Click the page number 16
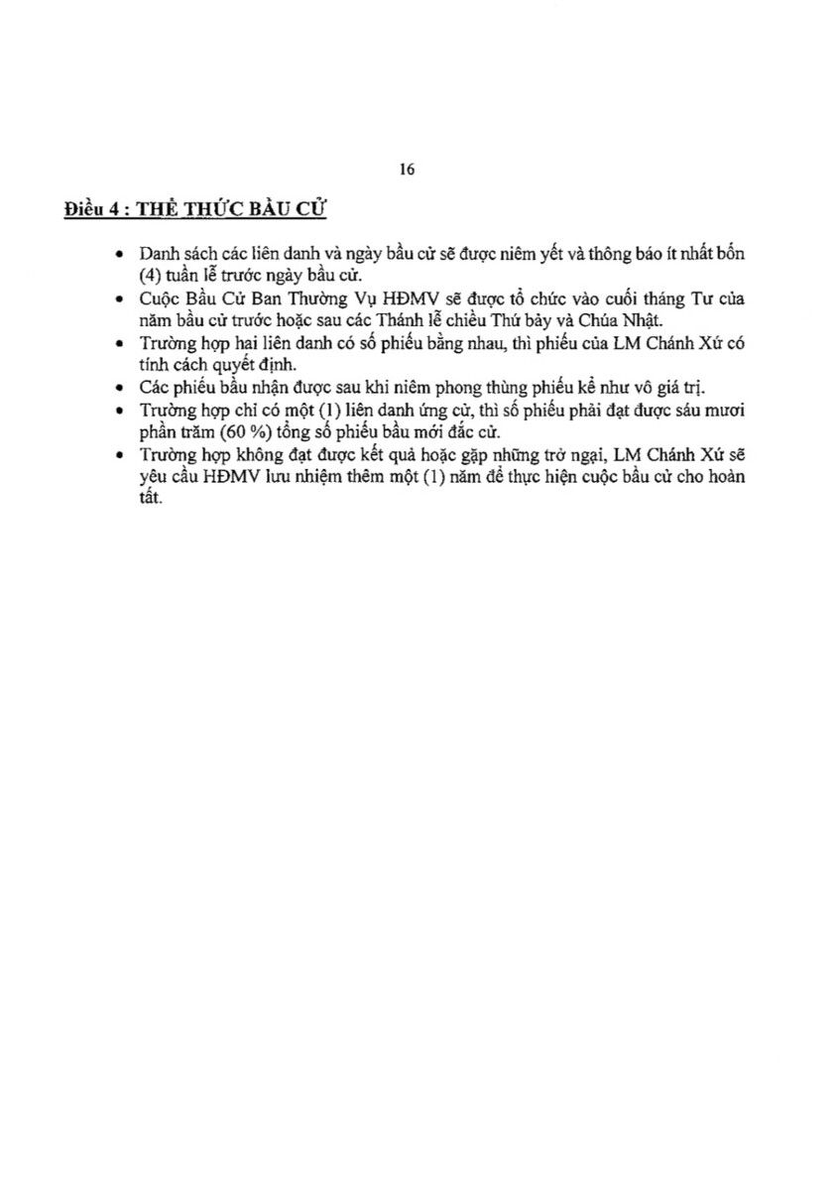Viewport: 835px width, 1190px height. tap(407, 169)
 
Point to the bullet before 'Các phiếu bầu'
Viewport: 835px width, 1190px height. tap(120, 389)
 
